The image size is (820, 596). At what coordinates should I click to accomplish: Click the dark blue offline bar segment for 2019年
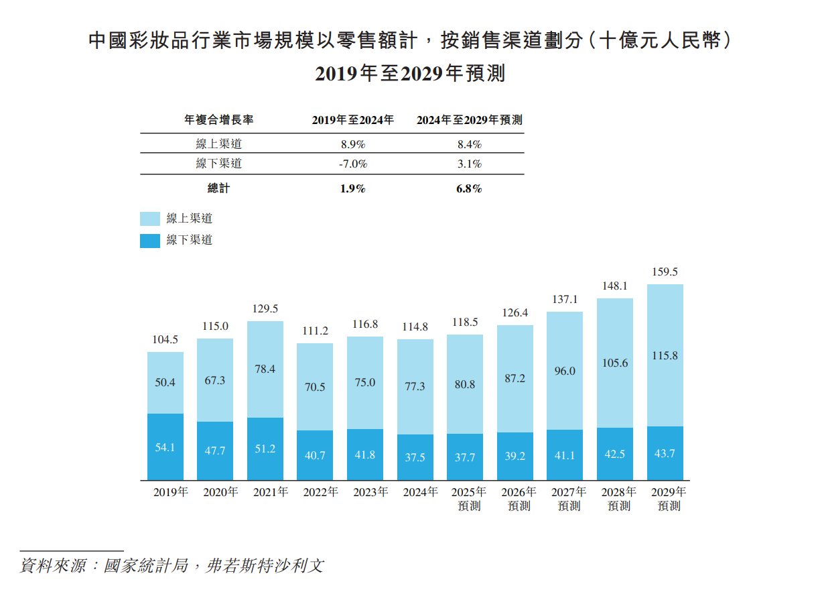pos(165,447)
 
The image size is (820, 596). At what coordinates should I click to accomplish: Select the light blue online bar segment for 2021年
pos(265,369)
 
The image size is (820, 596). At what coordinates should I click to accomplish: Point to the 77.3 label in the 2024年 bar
pos(415,387)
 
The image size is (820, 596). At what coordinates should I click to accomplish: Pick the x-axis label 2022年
pos(320,492)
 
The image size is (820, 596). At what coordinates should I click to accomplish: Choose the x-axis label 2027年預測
pos(569,499)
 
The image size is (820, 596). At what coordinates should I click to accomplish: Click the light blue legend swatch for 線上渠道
pos(150,219)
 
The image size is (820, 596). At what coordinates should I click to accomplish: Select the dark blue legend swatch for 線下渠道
pos(150,240)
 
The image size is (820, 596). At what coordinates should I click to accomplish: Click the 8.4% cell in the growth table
pos(468,144)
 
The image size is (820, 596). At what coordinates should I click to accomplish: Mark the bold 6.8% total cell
pos(468,189)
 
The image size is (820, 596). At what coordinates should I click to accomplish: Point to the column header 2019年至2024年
pos(353,121)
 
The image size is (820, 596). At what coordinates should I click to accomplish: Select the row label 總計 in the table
pos(218,189)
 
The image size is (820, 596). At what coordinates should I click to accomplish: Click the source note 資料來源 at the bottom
pos(172,565)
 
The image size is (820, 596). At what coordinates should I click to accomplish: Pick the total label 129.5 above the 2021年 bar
pos(265,309)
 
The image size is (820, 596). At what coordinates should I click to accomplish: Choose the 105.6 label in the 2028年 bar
pos(614,363)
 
